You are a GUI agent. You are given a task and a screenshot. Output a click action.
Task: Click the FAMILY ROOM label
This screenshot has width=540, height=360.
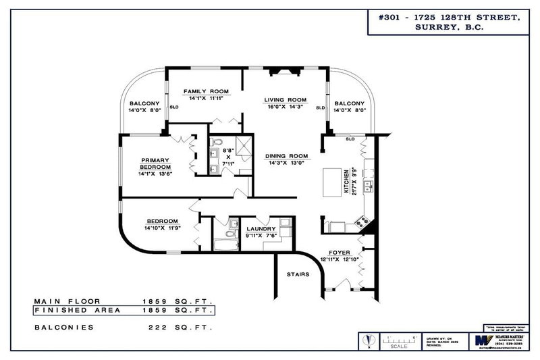(x=208, y=91)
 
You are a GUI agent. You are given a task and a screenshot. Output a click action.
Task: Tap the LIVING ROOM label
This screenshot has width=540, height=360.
(x=285, y=99)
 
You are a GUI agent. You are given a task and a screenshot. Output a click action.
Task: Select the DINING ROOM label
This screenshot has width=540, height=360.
(x=286, y=155)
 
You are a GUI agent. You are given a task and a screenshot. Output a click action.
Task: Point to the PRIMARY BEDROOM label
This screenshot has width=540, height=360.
(x=155, y=163)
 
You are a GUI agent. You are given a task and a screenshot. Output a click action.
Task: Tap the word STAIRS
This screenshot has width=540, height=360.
(x=298, y=275)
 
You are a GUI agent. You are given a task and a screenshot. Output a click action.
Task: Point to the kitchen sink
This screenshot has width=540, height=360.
(x=368, y=185)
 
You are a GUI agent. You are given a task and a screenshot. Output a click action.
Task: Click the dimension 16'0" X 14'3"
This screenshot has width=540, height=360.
(x=284, y=107)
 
